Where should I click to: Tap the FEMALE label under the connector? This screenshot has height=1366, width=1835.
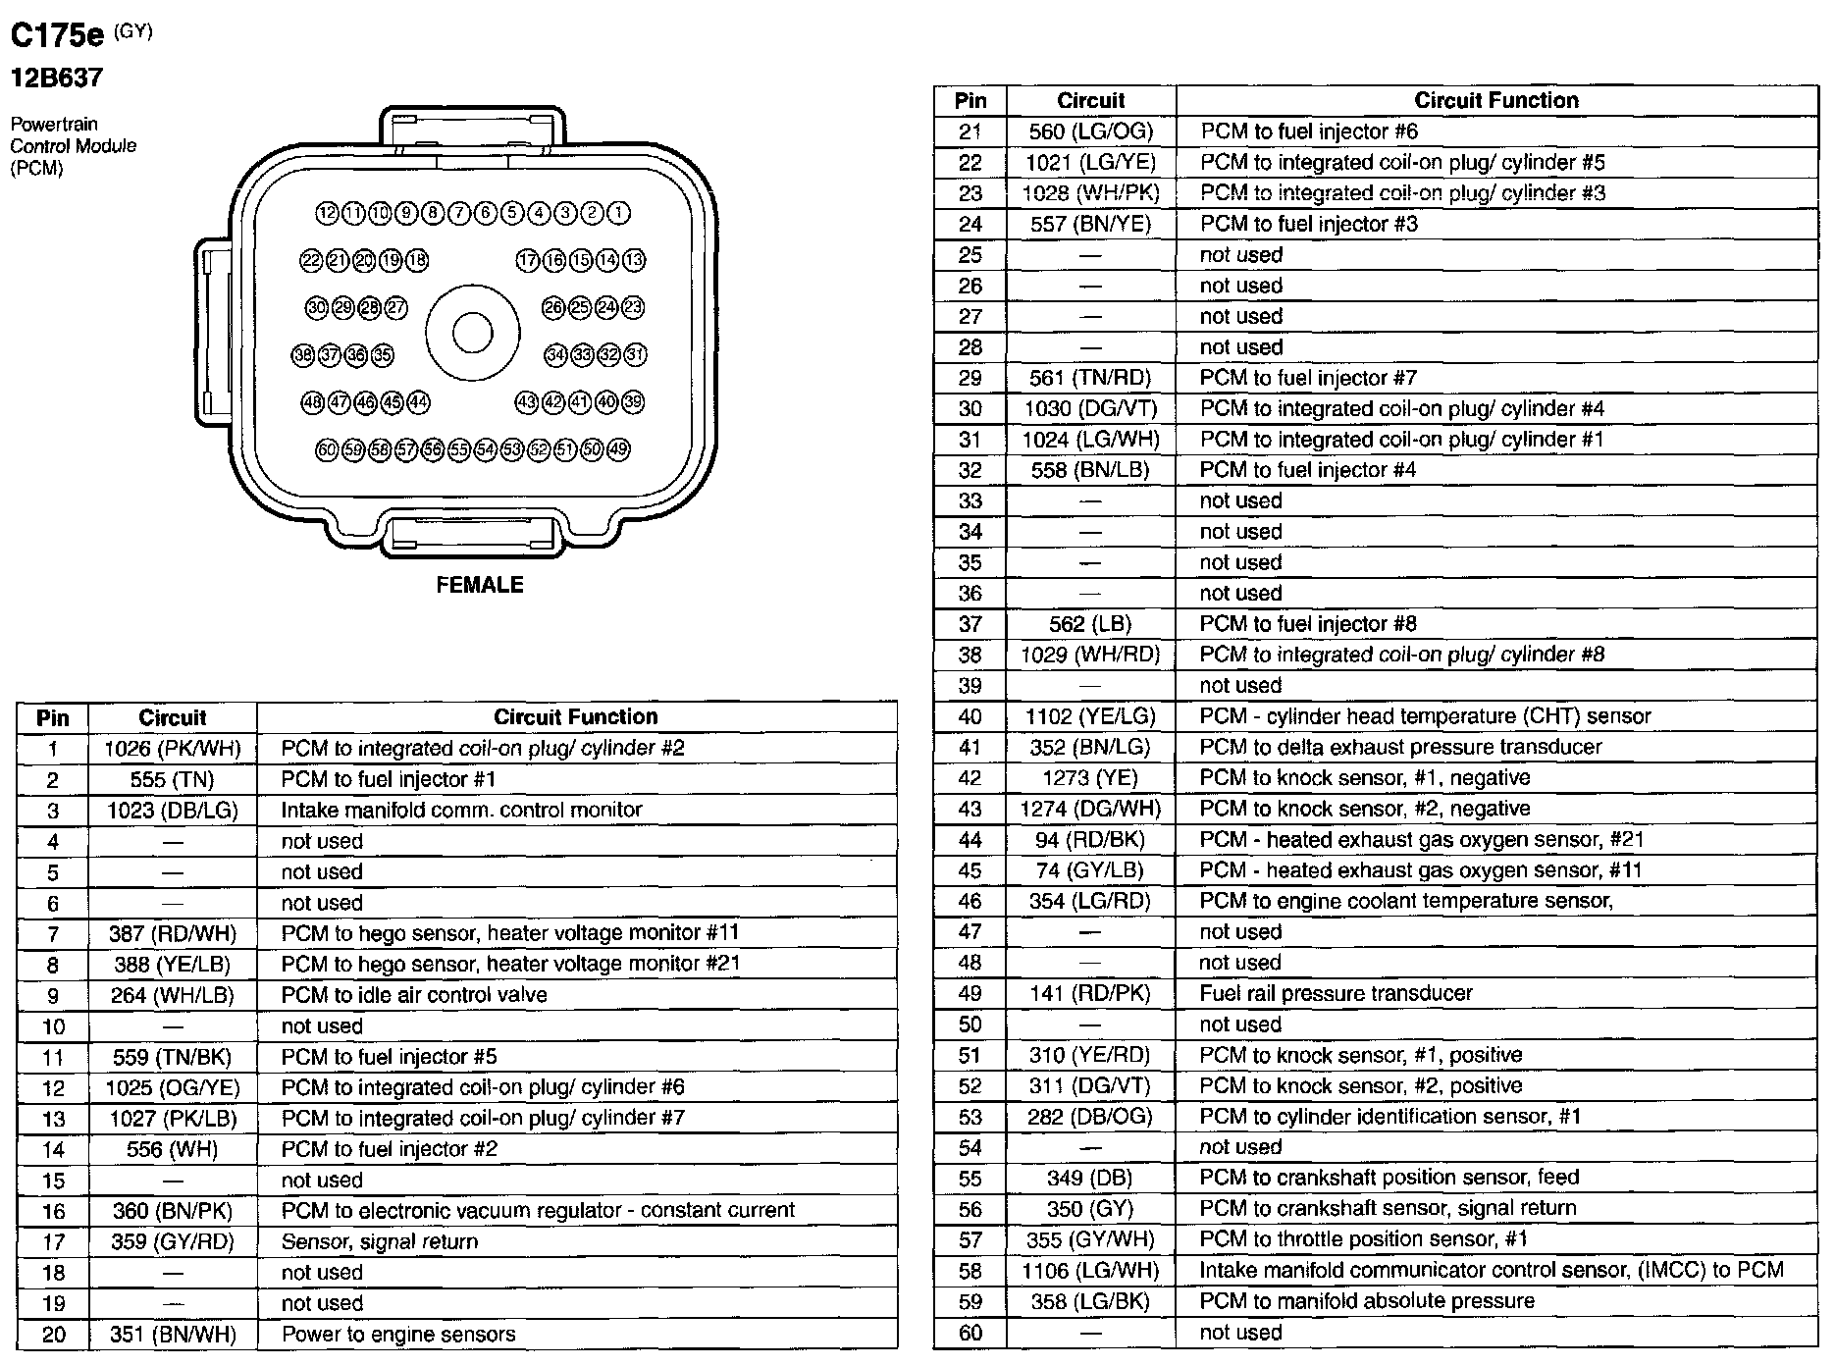(480, 585)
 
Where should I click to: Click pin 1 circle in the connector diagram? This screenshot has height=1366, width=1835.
(618, 213)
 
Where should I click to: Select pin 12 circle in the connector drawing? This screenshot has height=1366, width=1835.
(327, 213)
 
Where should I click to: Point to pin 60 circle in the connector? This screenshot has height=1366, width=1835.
(327, 449)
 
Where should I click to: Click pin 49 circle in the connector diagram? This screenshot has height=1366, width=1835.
(618, 449)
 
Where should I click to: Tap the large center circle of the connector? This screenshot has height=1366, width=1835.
(472, 333)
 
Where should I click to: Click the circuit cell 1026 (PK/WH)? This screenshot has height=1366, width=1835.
(172, 749)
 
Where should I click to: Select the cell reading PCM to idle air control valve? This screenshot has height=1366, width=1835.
(414, 995)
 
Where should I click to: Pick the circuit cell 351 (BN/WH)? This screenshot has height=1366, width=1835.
(172, 1335)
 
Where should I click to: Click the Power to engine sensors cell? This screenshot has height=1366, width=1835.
(397, 1335)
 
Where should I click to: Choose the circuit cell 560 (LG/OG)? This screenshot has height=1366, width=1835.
(1090, 131)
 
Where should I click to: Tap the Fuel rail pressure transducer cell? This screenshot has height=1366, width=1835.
(1336, 993)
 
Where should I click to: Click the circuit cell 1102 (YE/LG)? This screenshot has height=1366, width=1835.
(1090, 716)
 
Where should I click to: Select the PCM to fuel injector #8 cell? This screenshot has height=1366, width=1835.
(1308, 624)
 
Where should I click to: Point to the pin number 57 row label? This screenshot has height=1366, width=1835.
(970, 1239)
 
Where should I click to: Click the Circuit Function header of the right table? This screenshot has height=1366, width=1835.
(1495, 100)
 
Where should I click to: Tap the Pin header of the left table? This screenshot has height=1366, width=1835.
(52, 717)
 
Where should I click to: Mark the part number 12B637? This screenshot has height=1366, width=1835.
(57, 78)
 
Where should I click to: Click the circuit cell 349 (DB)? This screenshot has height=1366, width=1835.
(1090, 1178)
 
